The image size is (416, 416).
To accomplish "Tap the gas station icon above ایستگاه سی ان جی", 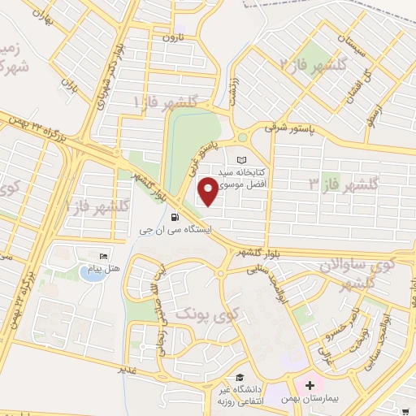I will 175,216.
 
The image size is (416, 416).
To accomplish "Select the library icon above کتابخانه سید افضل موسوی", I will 240,161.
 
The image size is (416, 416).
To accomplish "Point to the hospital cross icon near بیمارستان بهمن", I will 310,383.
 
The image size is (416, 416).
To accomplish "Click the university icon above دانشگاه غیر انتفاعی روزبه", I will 240,378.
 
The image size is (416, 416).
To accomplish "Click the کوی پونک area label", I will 198,313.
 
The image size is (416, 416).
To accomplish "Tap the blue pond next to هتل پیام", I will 94,273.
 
